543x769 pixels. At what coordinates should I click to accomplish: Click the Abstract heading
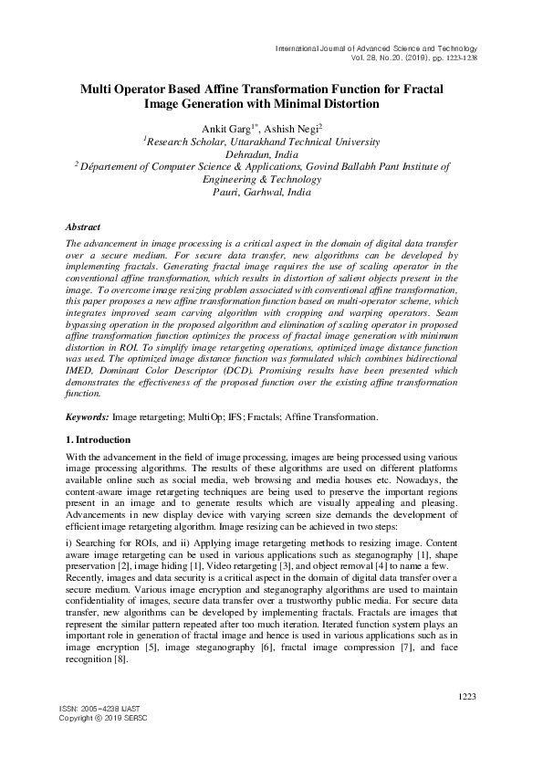click(83, 226)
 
